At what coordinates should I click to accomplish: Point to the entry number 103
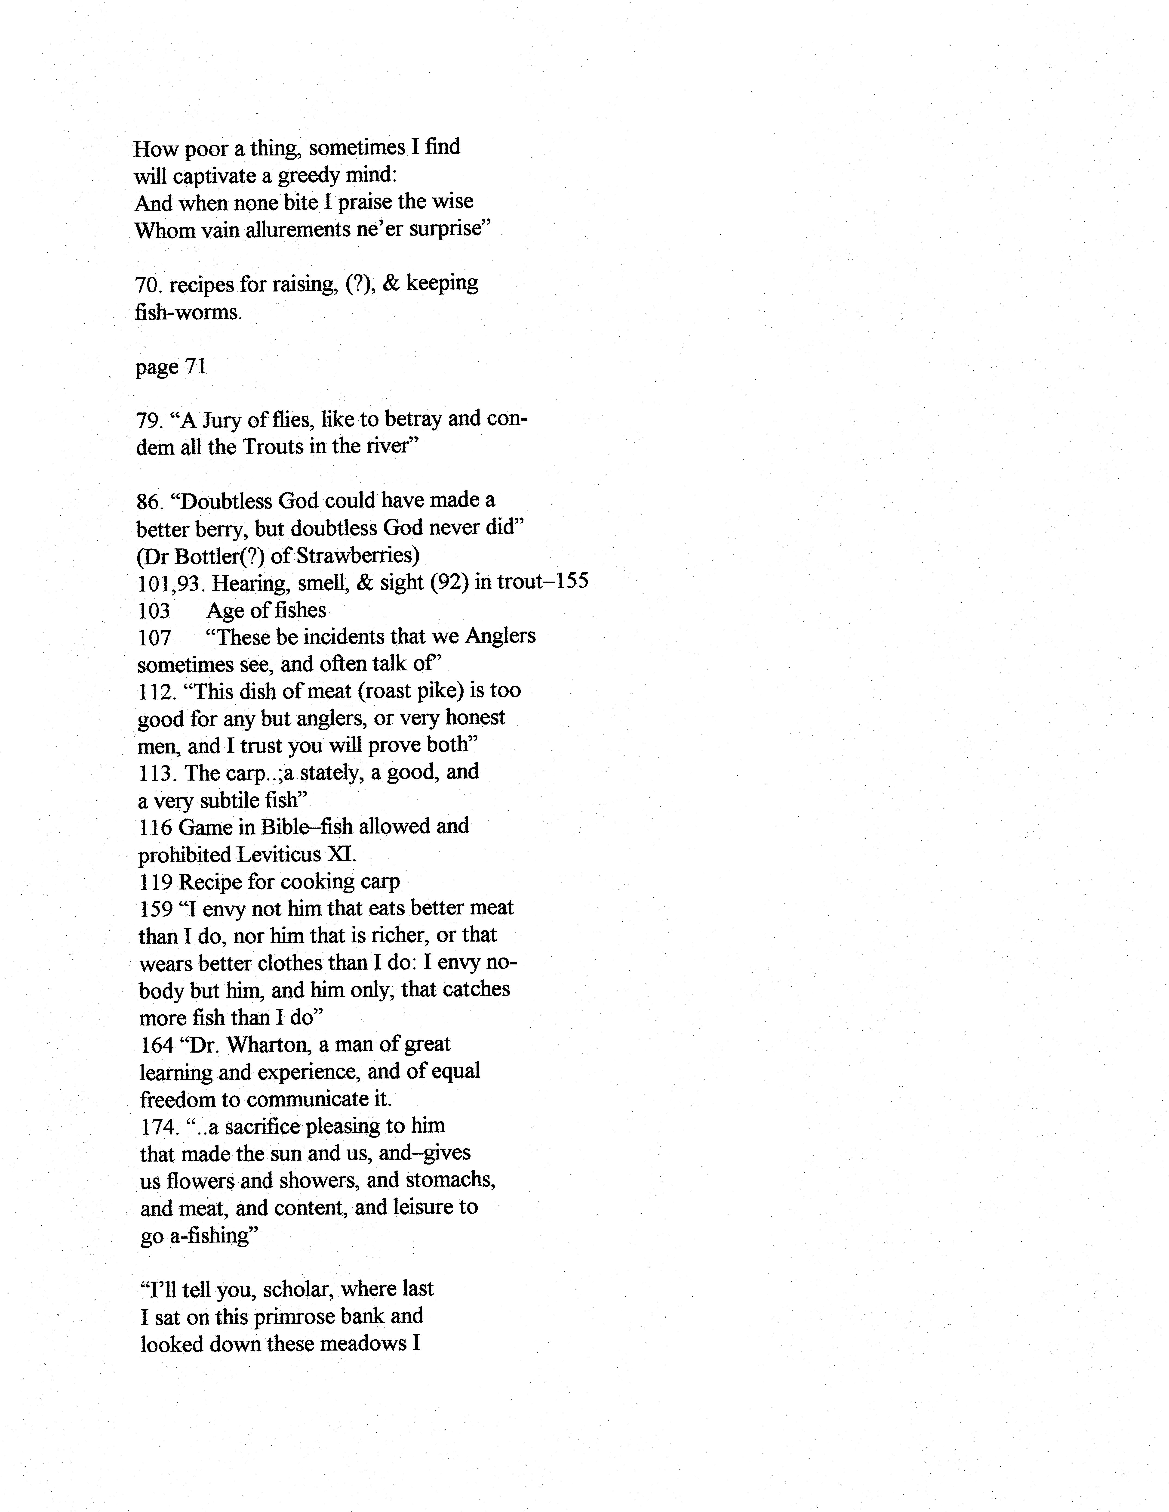(154, 611)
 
